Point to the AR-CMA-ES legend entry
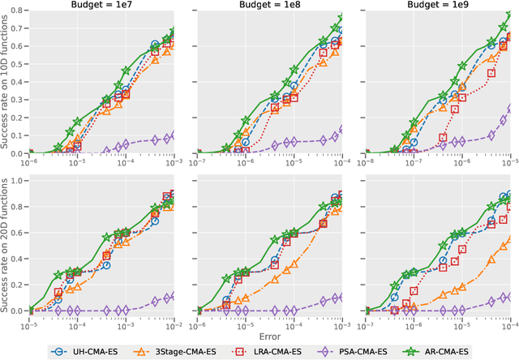[x=466, y=352]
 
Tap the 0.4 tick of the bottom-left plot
[x=16, y=252]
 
